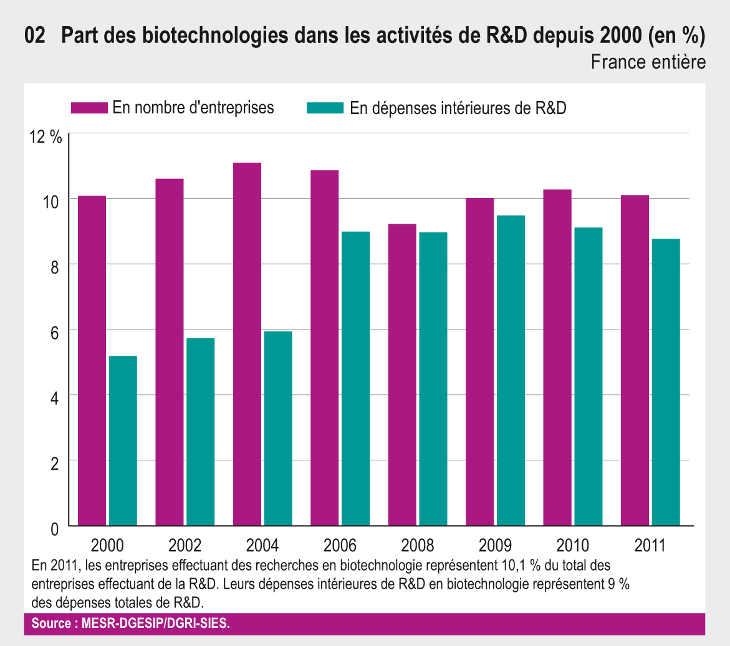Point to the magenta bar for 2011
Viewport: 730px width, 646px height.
(635, 361)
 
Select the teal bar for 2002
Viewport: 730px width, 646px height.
(200, 432)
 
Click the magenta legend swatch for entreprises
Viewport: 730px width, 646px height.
(89, 108)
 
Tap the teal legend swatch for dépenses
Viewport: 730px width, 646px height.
(325, 108)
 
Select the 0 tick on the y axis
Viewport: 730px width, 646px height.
(54, 529)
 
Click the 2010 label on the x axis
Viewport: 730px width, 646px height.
(572, 546)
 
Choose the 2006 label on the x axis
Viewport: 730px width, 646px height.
(340, 546)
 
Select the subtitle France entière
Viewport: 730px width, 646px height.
(648, 62)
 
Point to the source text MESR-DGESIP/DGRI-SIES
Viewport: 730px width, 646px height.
(156, 624)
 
